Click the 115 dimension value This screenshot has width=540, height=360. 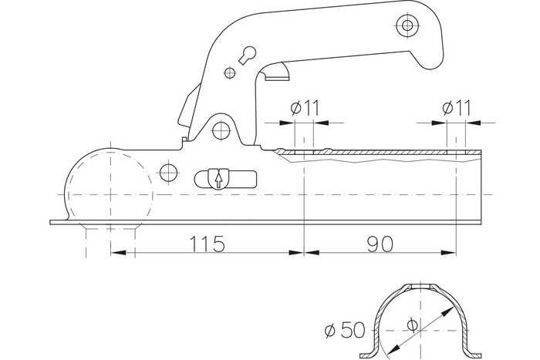tap(208, 244)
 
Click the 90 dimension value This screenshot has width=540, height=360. tap(380, 244)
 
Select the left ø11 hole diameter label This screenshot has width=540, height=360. tap(305, 108)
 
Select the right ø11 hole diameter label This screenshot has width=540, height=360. tap(457, 108)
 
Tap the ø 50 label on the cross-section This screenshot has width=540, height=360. tap(345, 330)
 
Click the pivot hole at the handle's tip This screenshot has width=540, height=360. tap(407, 25)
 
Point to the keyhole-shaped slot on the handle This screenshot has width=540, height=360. tap(248, 55)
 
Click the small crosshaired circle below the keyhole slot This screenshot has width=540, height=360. tap(230, 73)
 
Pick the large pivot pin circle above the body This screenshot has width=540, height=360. tap(221, 130)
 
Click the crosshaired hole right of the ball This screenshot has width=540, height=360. tap(169, 173)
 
